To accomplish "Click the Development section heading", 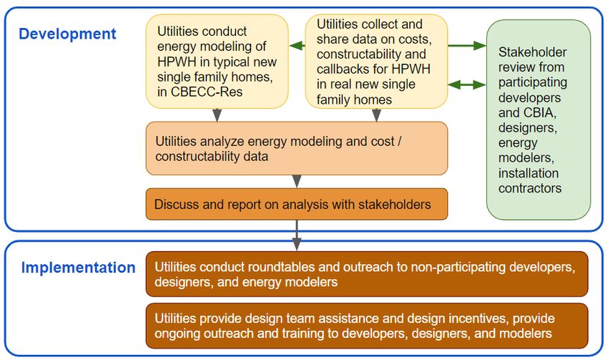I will point(67,34).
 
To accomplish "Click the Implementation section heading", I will point(78,268).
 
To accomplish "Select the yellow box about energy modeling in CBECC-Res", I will point(217,61).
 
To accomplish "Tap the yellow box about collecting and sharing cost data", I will point(376,62).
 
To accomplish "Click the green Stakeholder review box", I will point(538,120).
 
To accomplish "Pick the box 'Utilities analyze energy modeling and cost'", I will point(296,148).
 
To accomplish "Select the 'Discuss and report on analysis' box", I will point(296,204).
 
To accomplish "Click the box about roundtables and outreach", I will point(366,274).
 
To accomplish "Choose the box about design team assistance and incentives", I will point(366,326).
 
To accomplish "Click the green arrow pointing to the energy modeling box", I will point(297,47).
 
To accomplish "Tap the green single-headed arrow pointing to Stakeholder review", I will point(467,46).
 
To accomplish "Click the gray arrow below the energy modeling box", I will point(217,115).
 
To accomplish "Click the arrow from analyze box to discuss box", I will point(297,181).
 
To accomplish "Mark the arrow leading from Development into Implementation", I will point(297,235).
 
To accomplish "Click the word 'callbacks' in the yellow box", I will point(340,69).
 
